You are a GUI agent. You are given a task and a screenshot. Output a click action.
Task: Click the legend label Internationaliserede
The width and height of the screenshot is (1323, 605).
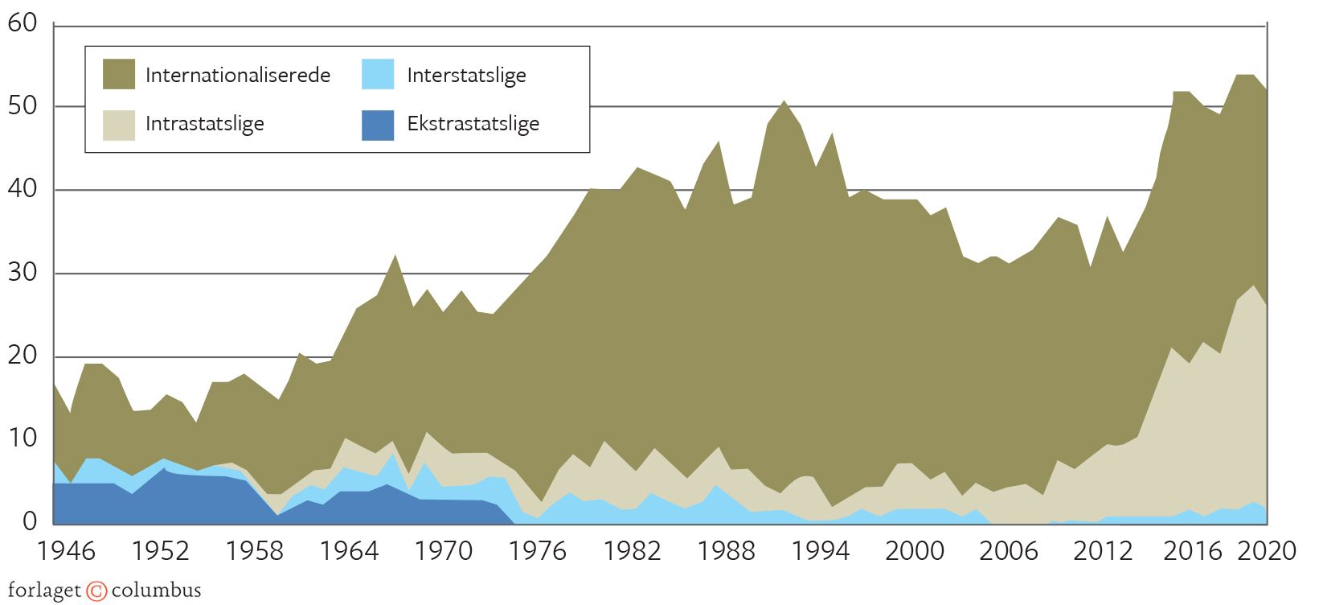click(x=237, y=76)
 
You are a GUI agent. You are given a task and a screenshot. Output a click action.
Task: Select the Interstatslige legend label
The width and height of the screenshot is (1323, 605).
click(x=466, y=76)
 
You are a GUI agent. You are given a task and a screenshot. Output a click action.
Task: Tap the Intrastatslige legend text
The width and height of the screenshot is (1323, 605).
click(x=204, y=124)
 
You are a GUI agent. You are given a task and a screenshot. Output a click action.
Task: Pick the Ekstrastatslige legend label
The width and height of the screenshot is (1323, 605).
click(x=473, y=124)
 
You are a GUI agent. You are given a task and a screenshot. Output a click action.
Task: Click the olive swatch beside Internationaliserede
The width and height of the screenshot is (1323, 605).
click(x=119, y=75)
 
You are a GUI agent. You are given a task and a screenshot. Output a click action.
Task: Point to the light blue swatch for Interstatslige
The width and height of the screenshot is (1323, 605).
click(x=378, y=75)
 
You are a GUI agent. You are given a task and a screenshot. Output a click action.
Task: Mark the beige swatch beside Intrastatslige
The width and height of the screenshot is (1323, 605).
click(x=119, y=125)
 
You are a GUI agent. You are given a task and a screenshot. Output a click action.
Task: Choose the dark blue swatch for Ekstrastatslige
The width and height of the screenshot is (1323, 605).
click(x=378, y=125)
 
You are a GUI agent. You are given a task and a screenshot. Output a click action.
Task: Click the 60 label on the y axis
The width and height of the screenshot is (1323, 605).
click(x=23, y=23)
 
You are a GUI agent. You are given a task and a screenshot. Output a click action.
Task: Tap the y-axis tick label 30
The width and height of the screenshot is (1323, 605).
click(x=23, y=273)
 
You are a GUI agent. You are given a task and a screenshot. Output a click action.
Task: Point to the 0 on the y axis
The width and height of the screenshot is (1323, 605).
click(x=30, y=521)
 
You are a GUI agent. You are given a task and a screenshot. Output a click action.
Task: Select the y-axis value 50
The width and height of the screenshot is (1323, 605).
click(x=23, y=106)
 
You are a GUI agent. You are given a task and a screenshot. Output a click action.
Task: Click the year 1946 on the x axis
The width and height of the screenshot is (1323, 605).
click(x=67, y=552)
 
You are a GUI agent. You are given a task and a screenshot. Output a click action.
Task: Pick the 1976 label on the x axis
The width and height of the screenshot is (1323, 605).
click(x=537, y=552)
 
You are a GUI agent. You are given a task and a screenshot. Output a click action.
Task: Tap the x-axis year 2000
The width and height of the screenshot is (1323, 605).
click(x=914, y=552)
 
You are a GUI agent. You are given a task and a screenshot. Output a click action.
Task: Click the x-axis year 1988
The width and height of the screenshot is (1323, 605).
click(x=725, y=552)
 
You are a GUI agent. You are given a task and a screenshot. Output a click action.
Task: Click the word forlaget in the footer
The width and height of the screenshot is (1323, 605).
click(x=44, y=591)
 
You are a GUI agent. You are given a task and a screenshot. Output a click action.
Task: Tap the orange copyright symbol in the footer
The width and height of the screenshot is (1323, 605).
click(x=96, y=591)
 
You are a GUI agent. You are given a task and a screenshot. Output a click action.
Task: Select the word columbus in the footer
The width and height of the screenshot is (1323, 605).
click(x=156, y=591)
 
